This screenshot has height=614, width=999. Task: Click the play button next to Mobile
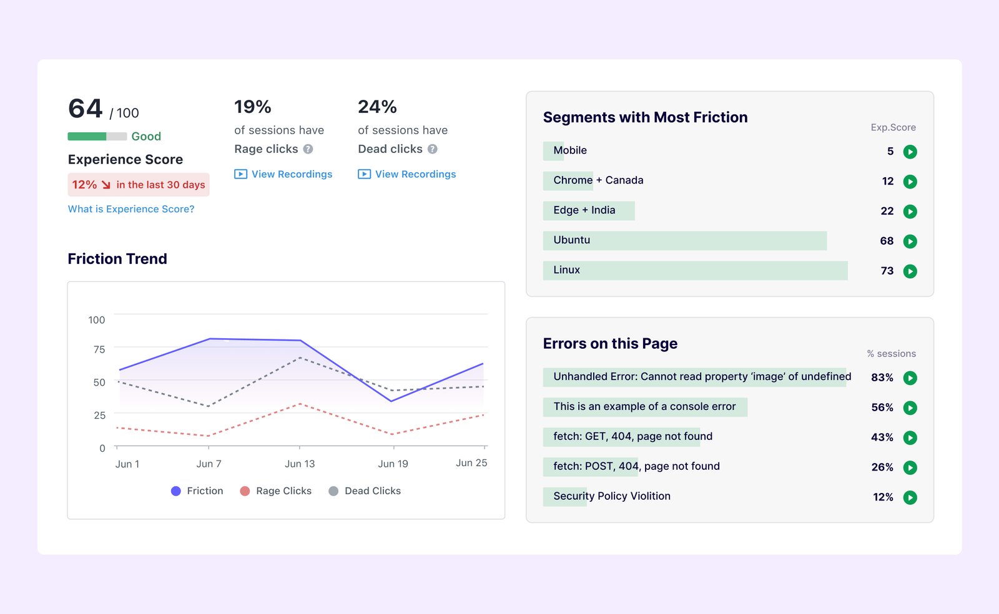[x=910, y=152]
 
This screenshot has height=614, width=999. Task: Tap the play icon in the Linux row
[x=910, y=271]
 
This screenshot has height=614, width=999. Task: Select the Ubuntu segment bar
[x=684, y=241]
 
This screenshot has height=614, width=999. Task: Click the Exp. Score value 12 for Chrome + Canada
[x=887, y=182]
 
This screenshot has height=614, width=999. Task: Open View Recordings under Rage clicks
[x=283, y=174]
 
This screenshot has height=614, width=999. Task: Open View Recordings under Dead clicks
[x=407, y=174]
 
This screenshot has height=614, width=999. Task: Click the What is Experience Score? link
[x=131, y=209]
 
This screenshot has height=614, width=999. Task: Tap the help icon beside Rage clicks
[x=308, y=149]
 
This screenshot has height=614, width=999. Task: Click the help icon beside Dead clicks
[x=432, y=149]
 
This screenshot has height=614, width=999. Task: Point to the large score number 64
[x=86, y=109]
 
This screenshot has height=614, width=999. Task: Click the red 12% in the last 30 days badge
[x=139, y=185]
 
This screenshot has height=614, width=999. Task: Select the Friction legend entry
[x=197, y=491]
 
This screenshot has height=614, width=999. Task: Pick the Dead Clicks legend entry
[x=365, y=491]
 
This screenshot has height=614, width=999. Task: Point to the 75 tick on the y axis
[x=99, y=349]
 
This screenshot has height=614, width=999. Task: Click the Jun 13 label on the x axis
[x=300, y=464]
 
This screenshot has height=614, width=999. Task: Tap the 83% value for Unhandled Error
[x=882, y=378]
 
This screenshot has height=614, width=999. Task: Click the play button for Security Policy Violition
[x=910, y=497]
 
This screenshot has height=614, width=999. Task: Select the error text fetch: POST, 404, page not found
[x=636, y=466]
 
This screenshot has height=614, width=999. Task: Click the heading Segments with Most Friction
[x=645, y=117]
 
